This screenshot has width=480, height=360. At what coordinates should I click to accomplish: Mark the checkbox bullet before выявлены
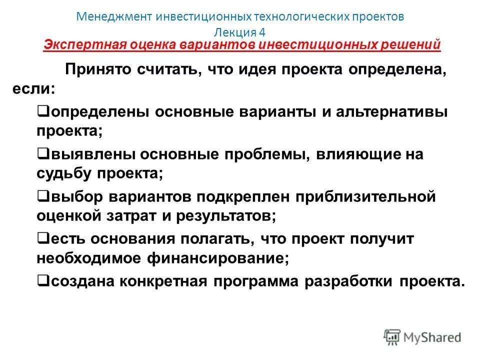pos(42,153)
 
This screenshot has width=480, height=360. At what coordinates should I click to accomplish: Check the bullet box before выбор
pos(42,195)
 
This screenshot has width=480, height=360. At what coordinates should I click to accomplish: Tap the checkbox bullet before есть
pos(42,237)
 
